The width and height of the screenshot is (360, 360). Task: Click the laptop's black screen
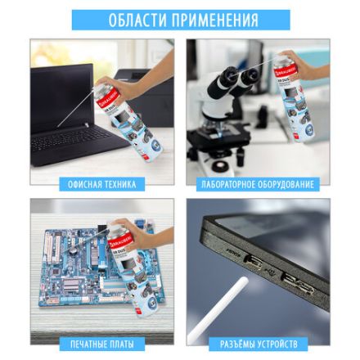click(x=61, y=94)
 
